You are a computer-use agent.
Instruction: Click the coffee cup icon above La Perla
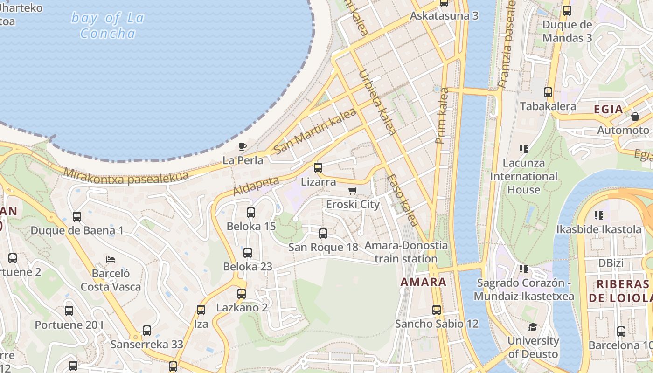[243, 146]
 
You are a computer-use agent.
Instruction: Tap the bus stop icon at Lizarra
[318, 168]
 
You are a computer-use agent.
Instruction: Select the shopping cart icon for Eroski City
[353, 191]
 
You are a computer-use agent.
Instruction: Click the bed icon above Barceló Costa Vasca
[111, 259]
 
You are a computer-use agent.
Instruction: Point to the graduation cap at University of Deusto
[533, 327]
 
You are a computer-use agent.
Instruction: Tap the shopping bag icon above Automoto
[635, 117]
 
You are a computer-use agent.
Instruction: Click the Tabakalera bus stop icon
[548, 92]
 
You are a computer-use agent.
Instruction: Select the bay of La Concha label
[108, 26]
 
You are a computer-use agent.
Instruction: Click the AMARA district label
[424, 282]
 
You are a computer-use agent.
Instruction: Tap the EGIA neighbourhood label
[608, 110]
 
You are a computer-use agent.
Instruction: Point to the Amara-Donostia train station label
[406, 252]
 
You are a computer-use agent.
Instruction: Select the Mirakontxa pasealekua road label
[126, 176]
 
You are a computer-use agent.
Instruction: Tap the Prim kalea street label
[442, 116]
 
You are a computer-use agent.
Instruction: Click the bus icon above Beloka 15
[251, 213]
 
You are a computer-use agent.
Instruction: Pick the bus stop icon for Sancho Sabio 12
[437, 310]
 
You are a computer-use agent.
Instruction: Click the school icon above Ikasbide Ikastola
[599, 215]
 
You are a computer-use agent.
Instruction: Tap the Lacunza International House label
[523, 176]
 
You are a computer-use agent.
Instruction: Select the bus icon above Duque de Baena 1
[77, 217]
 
